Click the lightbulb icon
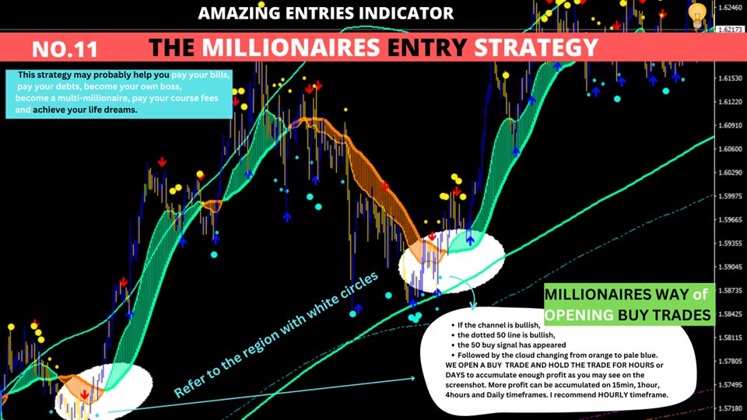(x=697, y=15)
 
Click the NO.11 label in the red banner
(x=65, y=49)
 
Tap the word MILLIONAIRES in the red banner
(x=291, y=47)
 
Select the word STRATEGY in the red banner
(x=536, y=47)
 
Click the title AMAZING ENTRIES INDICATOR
(x=326, y=13)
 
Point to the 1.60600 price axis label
(x=730, y=149)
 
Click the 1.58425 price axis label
(x=730, y=314)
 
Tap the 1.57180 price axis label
(x=730, y=408)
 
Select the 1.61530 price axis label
(x=730, y=78)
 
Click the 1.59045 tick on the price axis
(x=730, y=267)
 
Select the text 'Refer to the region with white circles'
(x=275, y=334)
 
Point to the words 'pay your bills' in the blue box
(x=200, y=75)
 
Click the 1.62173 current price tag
(x=731, y=30)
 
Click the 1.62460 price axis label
(x=730, y=7)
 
